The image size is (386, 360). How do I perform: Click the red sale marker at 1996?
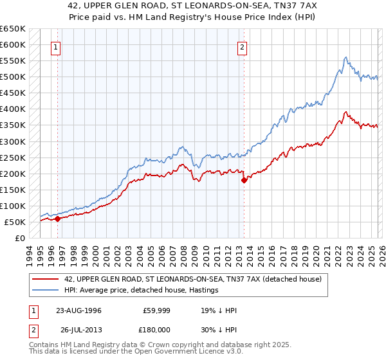pos(57,219)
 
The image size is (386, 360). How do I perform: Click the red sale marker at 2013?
pos(244,181)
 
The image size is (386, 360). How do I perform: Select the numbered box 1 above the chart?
pos(57,47)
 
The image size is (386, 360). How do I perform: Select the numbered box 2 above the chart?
pos(243,47)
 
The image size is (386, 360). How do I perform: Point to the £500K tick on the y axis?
pos(13,77)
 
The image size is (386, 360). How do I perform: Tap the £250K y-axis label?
pos(13,157)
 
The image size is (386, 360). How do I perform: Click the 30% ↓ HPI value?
pos(219,330)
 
